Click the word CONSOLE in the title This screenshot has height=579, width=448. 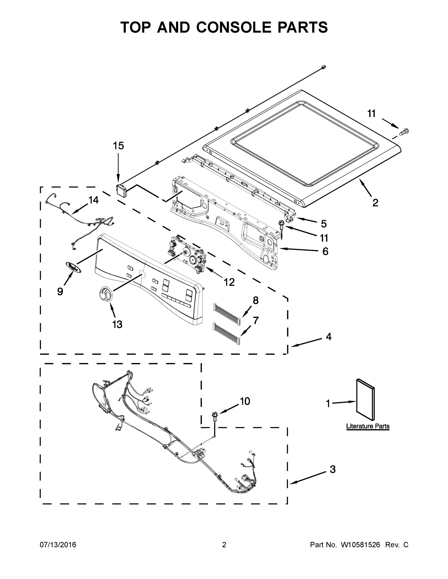tap(235, 27)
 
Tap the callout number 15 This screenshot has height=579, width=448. tap(118, 146)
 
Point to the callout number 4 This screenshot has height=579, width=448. tap(328, 337)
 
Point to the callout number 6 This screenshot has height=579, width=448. tap(325, 251)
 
